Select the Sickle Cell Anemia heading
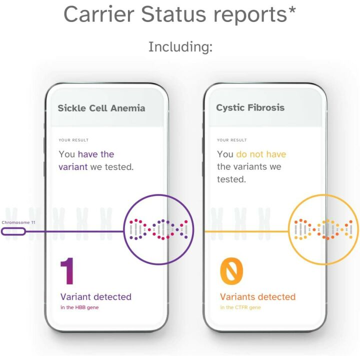(x=101, y=107)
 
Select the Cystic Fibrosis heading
(x=250, y=107)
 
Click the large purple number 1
(x=68, y=271)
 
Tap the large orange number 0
(x=231, y=271)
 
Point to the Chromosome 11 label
(x=18, y=222)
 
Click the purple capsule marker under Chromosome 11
(x=13, y=231)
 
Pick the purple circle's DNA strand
(x=158, y=229)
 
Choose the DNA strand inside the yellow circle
(x=323, y=229)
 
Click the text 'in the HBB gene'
(x=79, y=307)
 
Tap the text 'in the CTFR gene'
(x=241, y=307)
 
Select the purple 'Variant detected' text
(x=96, y=296)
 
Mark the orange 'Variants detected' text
(x=258, y=296)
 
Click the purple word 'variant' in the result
(x=73, y=167)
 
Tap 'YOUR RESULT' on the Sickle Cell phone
(x=73, y=140)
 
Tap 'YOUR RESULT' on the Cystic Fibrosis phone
(x=232, y=140)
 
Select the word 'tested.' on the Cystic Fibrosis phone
(x=231, y=179)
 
